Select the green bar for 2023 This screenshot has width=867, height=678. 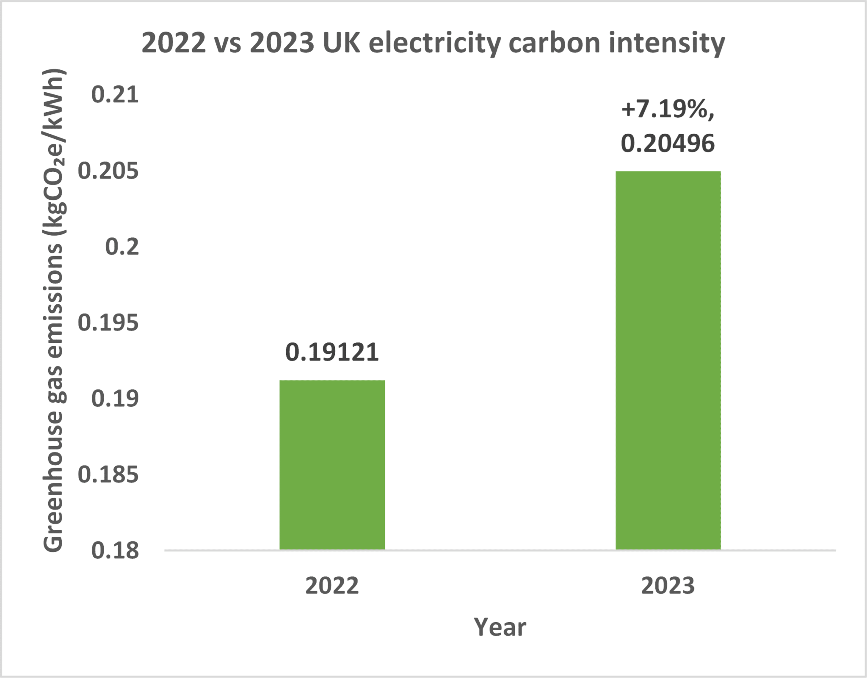pos(668,360)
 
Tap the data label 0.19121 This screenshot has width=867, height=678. pos(332,352)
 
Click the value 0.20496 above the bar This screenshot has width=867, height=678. pos(668,143)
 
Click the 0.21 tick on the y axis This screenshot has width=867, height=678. pos(115,94)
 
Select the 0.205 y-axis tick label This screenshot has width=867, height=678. pos(108,171)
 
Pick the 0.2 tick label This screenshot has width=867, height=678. pos(122,247)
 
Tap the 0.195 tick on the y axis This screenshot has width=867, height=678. pos(108,323)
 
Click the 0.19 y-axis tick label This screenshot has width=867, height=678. pos(115,399)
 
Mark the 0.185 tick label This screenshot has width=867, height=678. pos(108,474)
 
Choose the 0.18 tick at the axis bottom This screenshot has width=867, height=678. pos(115,550)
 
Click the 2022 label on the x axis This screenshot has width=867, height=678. pos(332,586)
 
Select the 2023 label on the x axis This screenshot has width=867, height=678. pos(668,586)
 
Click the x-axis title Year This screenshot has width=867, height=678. pos(500,627)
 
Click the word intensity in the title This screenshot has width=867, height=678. pos(666,44)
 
